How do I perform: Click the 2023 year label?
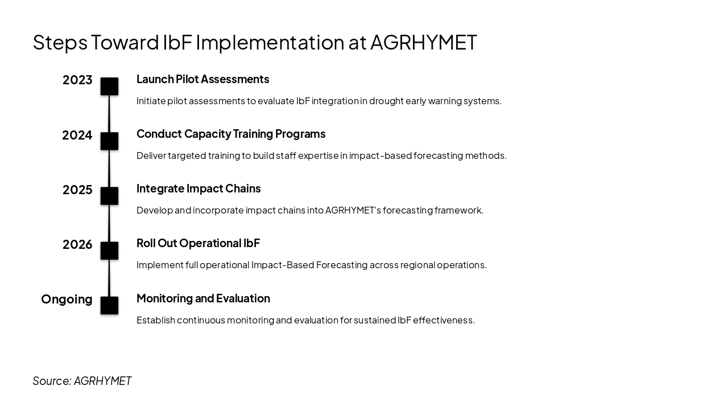pyautogui.click(x=77, y=80)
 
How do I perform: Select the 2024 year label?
pyautogui.click(x=77, y=136)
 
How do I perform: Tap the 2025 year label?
pyautogui.click(x=77, y=190)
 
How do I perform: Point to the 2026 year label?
pyautogui.click(x=77, y=245)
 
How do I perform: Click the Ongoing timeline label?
pyautogui.click(x=67, y=300)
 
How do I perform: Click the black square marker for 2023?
pyautogui.click(x=109, y=87)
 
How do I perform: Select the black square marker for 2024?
pyautogui.click(x=109, y=141)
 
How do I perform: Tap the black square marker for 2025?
pyautogui.click(x=109, y=196)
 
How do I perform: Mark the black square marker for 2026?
pyautogui.click(x=109, y=251)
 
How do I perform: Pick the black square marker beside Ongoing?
pyautogui.click(x=109, y=305)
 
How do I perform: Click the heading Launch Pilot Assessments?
pyautogui.click(x=202, y=79)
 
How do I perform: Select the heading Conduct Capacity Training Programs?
pyautogui.click(x=231, y=134)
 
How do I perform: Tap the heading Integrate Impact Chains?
pyautogui.click(x=198, y=188)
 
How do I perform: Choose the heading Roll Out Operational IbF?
pyautogui.click(x=198, y=243)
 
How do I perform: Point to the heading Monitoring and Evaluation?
pyautogui.click(x=203, y=298)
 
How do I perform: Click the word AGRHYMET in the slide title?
pyautogui.click(x=423, y=42)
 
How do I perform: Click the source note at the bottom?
pyautogui.click(x=82, y=381)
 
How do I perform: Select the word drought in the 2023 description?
pyautogui.click(x=386, y=101)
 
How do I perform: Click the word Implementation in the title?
pyautogui.click(x=270, y=43)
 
